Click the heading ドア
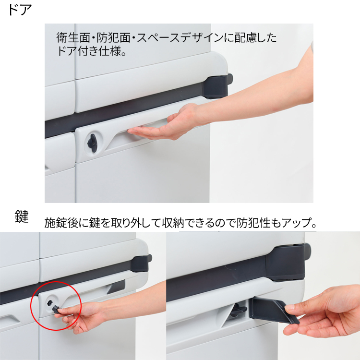(20, 10)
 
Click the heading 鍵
(21, 216)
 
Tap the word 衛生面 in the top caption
(73, 38)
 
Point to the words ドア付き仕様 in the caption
(88, 51)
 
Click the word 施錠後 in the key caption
(61, 223)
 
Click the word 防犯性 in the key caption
(253, 223)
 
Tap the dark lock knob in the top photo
(93, 143)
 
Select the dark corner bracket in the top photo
(217, 85)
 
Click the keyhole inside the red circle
(50, 303)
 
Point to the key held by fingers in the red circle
(56, 308)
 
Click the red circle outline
(31, 306)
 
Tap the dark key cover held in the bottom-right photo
(273, 310)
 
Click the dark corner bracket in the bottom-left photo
(141, 263)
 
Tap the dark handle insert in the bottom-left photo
(116, 287)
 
